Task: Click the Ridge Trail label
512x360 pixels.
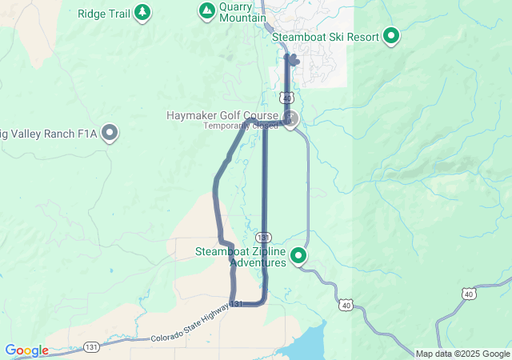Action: coord(103,13)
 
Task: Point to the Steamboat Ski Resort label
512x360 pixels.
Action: coord(326,36)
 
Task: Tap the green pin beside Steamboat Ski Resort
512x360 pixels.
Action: coord(391,35)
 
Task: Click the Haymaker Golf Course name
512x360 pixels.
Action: coord(222,115)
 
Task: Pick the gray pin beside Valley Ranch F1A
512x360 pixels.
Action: coord(110,132)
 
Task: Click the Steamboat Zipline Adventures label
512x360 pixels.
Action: coord(241,257)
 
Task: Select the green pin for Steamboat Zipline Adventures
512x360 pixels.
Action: coord(298,255)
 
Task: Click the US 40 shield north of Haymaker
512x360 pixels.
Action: coord(286,97)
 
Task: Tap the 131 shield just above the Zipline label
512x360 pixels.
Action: coord(263,238)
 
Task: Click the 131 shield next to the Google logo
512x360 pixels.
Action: coord(92,347)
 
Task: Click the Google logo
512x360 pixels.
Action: coord(26,350)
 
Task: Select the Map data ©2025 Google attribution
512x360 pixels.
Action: coord(462,354)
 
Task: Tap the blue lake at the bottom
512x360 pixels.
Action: coord(308,345)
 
